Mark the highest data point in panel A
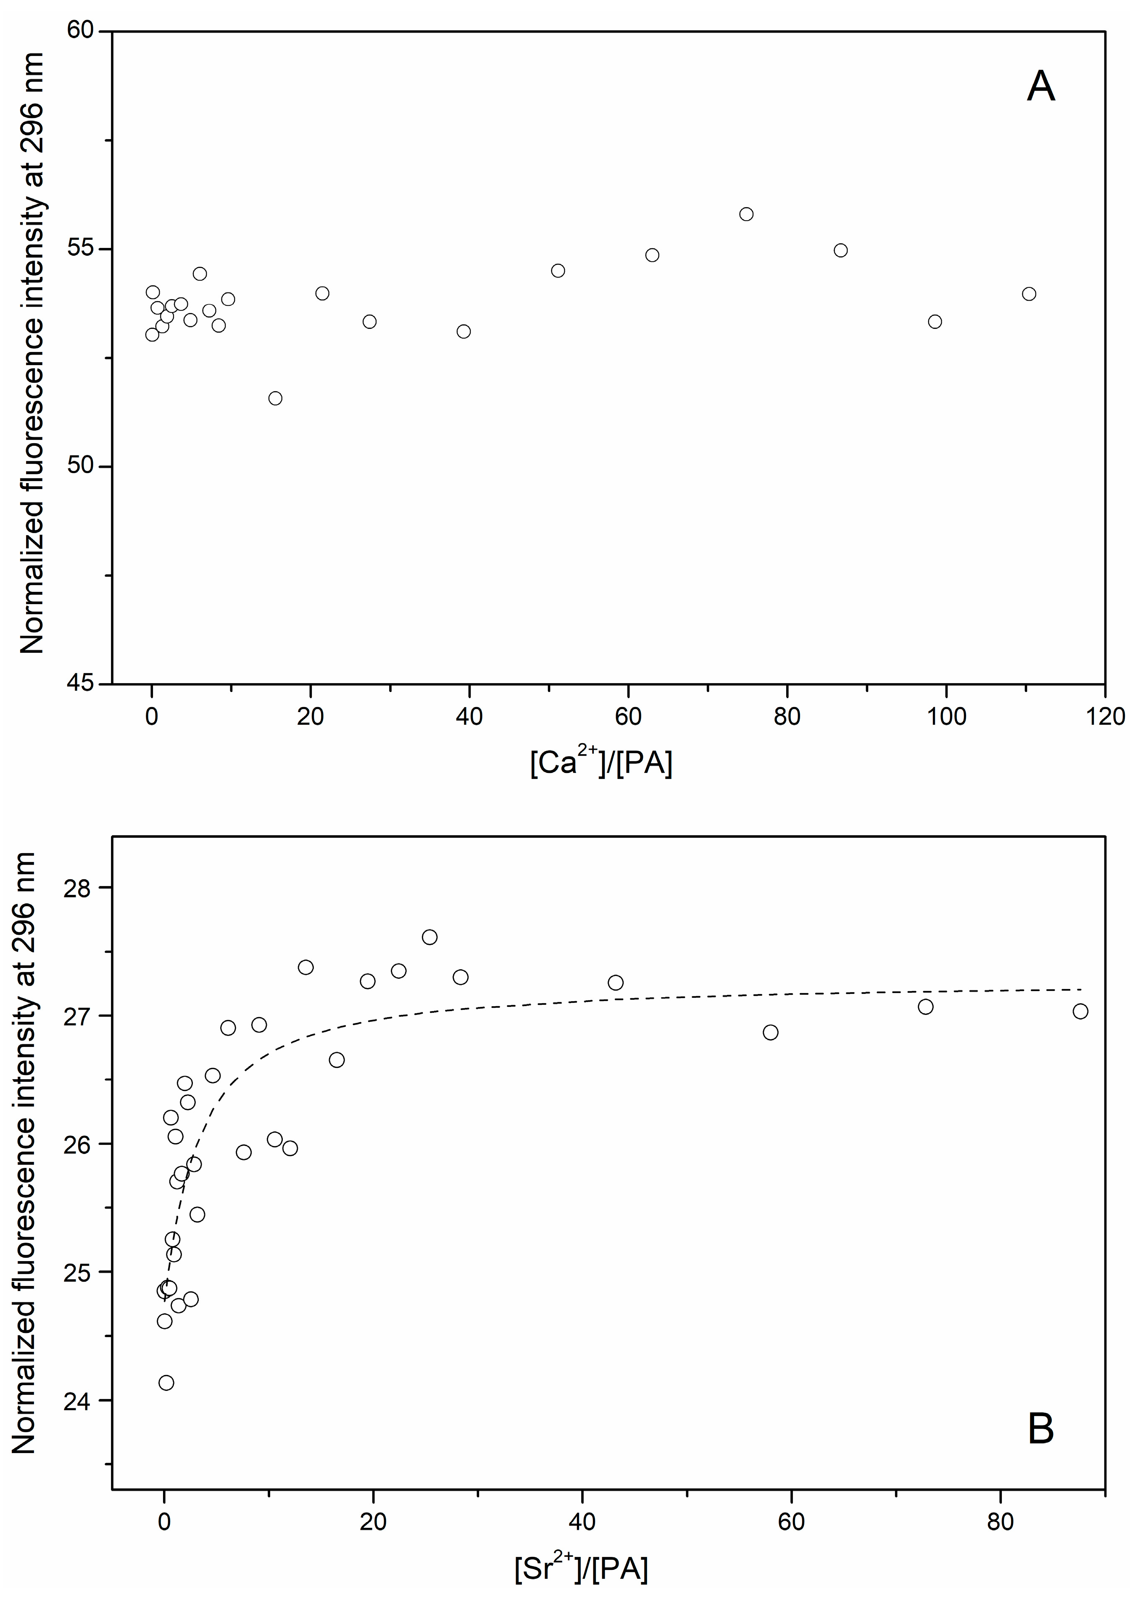746,214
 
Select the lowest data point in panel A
275,398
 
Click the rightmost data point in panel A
1029,294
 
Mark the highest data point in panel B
429,937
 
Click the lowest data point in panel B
166,1383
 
